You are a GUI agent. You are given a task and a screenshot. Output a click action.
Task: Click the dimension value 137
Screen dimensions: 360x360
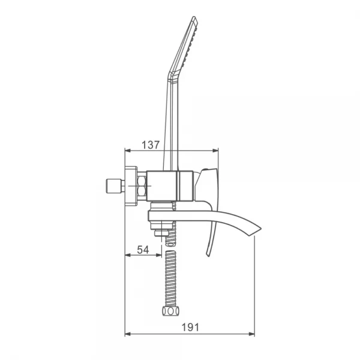(x=151, y=145)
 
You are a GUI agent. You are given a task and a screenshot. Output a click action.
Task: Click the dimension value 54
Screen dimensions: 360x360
(x=143, y=250)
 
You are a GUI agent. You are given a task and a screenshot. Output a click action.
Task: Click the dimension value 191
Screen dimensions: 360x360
(x=190, y=328)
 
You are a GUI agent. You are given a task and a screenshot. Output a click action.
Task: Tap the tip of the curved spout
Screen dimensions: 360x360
(x=261, y=229)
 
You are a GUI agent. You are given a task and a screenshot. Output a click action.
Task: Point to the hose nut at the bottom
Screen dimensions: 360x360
(x=170, y=311)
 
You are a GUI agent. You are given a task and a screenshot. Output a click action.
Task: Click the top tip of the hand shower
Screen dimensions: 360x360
(x=194, y=17)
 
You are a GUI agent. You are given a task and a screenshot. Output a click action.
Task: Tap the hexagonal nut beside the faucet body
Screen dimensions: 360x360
(x=142, y=186)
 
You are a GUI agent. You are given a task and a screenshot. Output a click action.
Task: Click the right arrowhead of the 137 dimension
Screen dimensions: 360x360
(x=215, y=151)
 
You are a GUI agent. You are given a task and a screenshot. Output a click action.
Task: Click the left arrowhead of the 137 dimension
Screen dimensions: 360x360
(x=127, y=151)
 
